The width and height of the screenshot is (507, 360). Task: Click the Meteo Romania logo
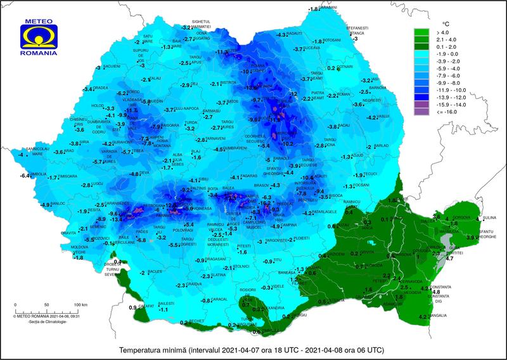click(x=39, y=37)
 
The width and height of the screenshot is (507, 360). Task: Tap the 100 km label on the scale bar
click(x=80, y=305)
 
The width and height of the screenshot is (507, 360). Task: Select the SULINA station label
click(x=490, y=217)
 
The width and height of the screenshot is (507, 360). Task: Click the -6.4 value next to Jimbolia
click(x=25, y=176)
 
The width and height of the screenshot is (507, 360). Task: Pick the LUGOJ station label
click(x=97, y=184)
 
